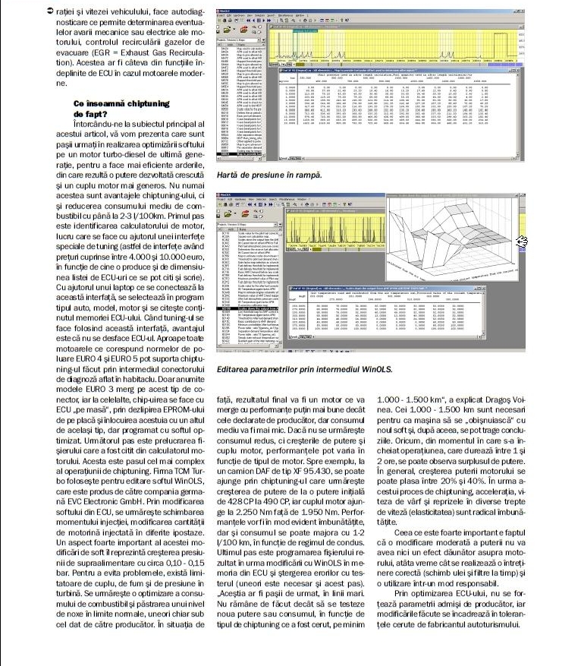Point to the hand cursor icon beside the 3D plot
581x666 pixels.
tap(522, 241)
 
